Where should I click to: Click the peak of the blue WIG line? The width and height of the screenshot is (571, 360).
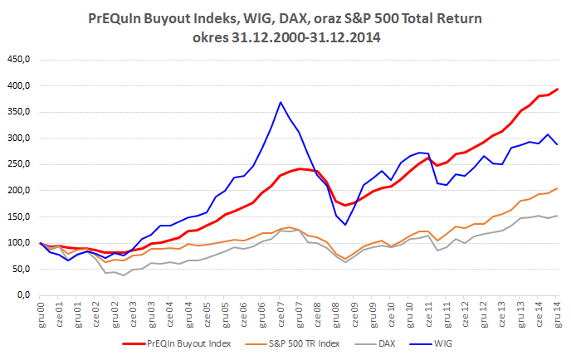point(281,102)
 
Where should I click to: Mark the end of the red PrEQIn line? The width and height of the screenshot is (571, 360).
point(557,89)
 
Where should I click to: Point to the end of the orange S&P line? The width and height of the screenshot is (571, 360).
point(557,188)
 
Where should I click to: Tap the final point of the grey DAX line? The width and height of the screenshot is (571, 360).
point(557,216)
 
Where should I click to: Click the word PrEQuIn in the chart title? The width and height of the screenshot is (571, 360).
point(118,18)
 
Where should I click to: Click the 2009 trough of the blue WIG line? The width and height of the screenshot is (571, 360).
point(345,225)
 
